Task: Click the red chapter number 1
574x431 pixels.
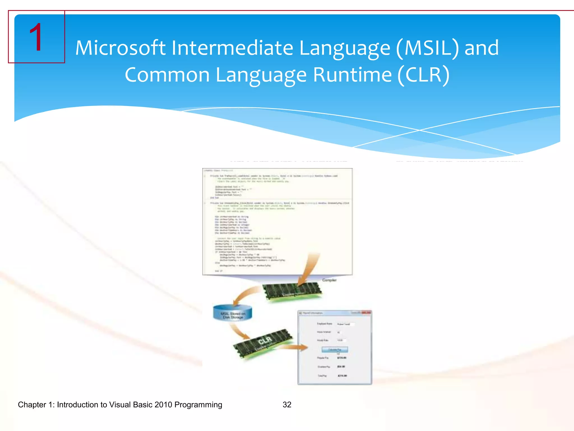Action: click(x=36, y=37)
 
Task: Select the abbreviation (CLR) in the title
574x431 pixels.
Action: click(x=423, y=75)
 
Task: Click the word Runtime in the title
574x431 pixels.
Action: click(x=352, y=75)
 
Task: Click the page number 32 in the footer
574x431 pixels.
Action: click(x=287, y=405)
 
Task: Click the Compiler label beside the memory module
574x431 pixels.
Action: click(x=329, y=280)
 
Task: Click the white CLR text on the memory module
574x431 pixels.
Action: click(x=265, y=341)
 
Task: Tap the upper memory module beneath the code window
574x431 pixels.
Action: click(x=291, y=292)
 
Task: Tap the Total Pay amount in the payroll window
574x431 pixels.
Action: click(x=342, y=376)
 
